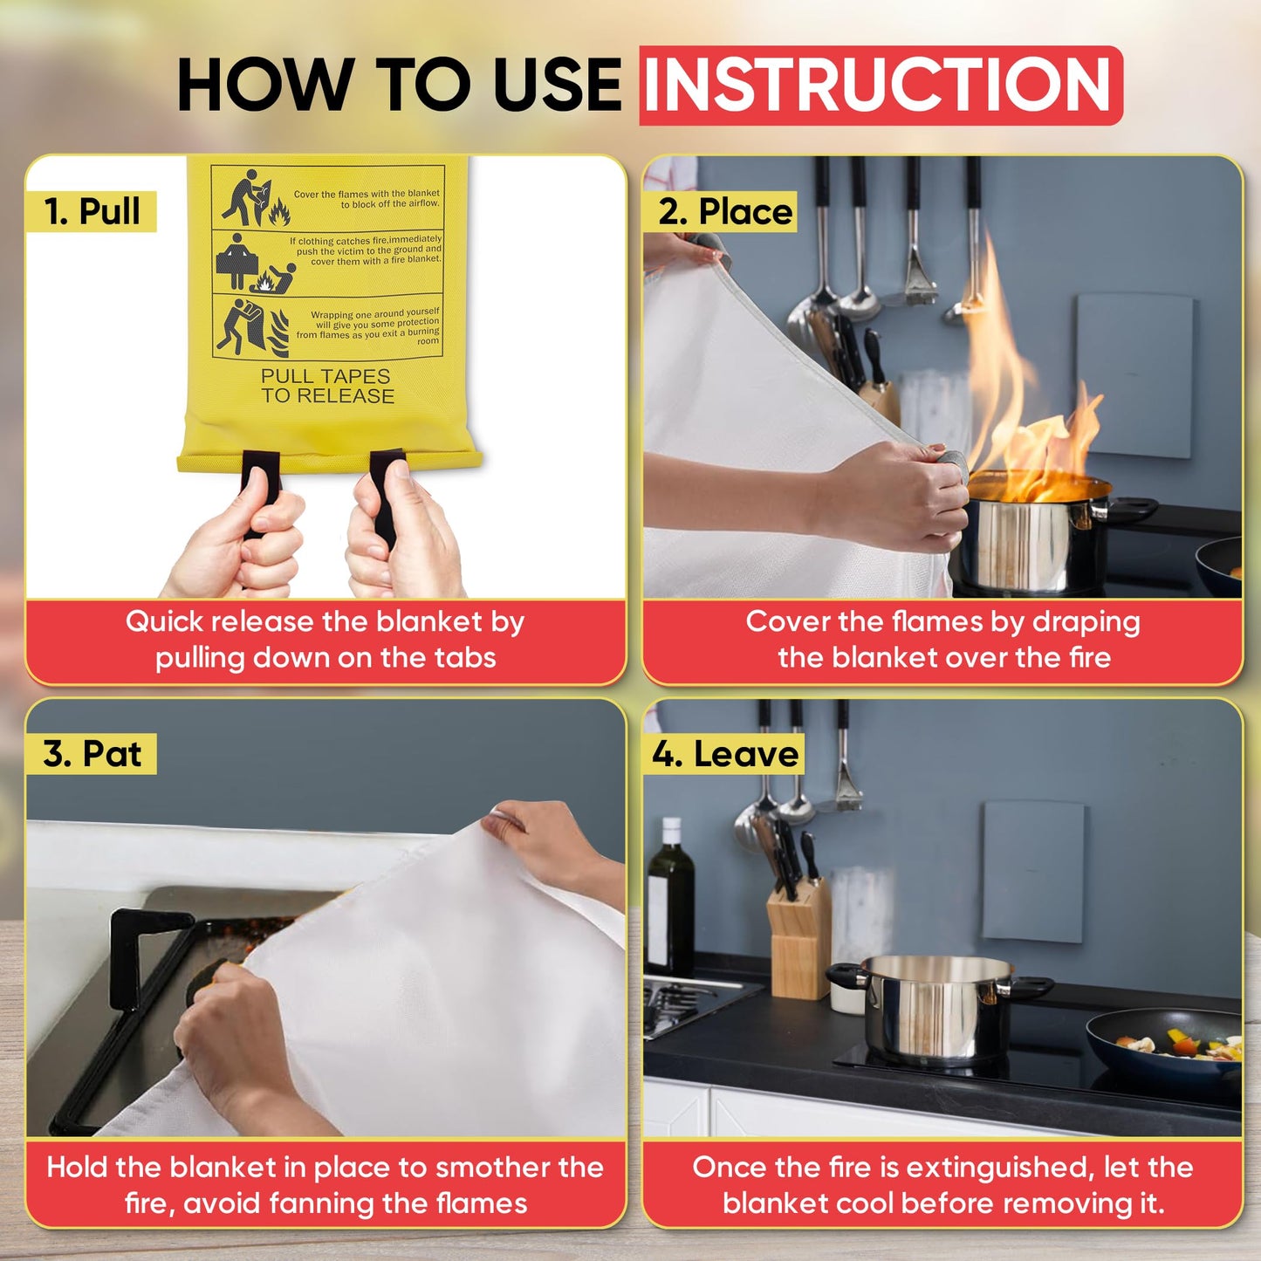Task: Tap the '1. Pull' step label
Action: coord(92,211)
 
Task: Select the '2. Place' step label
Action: coord(725,211)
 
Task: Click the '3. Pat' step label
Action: coord(93,754)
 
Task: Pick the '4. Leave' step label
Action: coord(725,754)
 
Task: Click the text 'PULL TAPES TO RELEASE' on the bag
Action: coord(326,386)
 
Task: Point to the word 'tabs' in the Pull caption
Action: coord(467,658)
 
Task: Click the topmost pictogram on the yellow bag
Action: coord(255,198)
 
